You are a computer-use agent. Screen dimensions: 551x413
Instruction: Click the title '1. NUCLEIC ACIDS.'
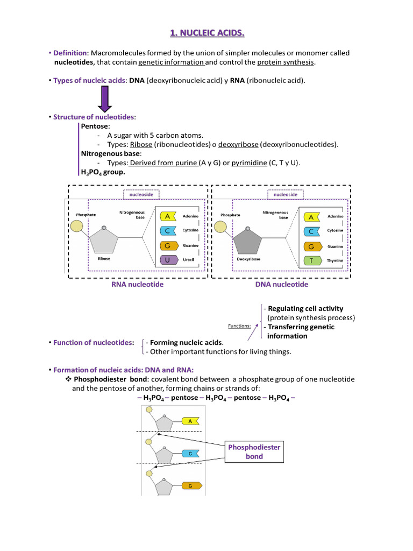[x=206, y=34]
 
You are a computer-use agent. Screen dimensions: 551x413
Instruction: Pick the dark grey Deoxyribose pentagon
[x=251, y=239]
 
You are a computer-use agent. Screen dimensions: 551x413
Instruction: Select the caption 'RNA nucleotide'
[x=137, y=285]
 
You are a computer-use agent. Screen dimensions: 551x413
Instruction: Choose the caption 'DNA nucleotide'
[x=282, y=285]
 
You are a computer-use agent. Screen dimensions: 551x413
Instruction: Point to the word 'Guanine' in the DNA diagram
[x=336, y=246]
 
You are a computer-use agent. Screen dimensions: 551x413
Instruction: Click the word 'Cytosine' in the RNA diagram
[x=190, y=230]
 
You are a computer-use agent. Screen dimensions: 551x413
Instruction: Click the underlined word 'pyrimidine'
[x=249, y=163]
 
